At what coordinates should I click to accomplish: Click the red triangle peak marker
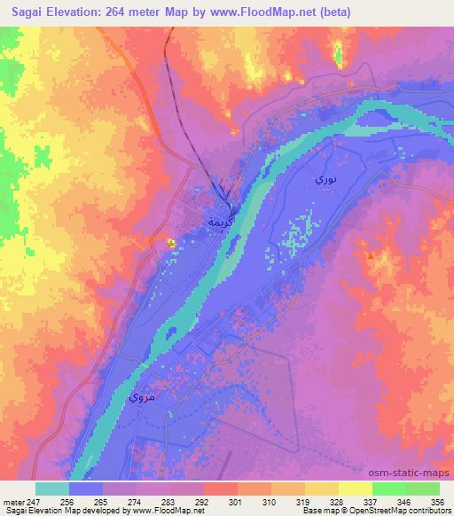[370, 255]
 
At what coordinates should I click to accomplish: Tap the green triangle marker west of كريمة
[171, 241]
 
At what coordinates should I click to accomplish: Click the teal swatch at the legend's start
[52, 489]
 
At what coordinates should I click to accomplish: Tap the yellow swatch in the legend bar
[355, 489]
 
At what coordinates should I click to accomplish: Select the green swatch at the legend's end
[422, 489]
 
